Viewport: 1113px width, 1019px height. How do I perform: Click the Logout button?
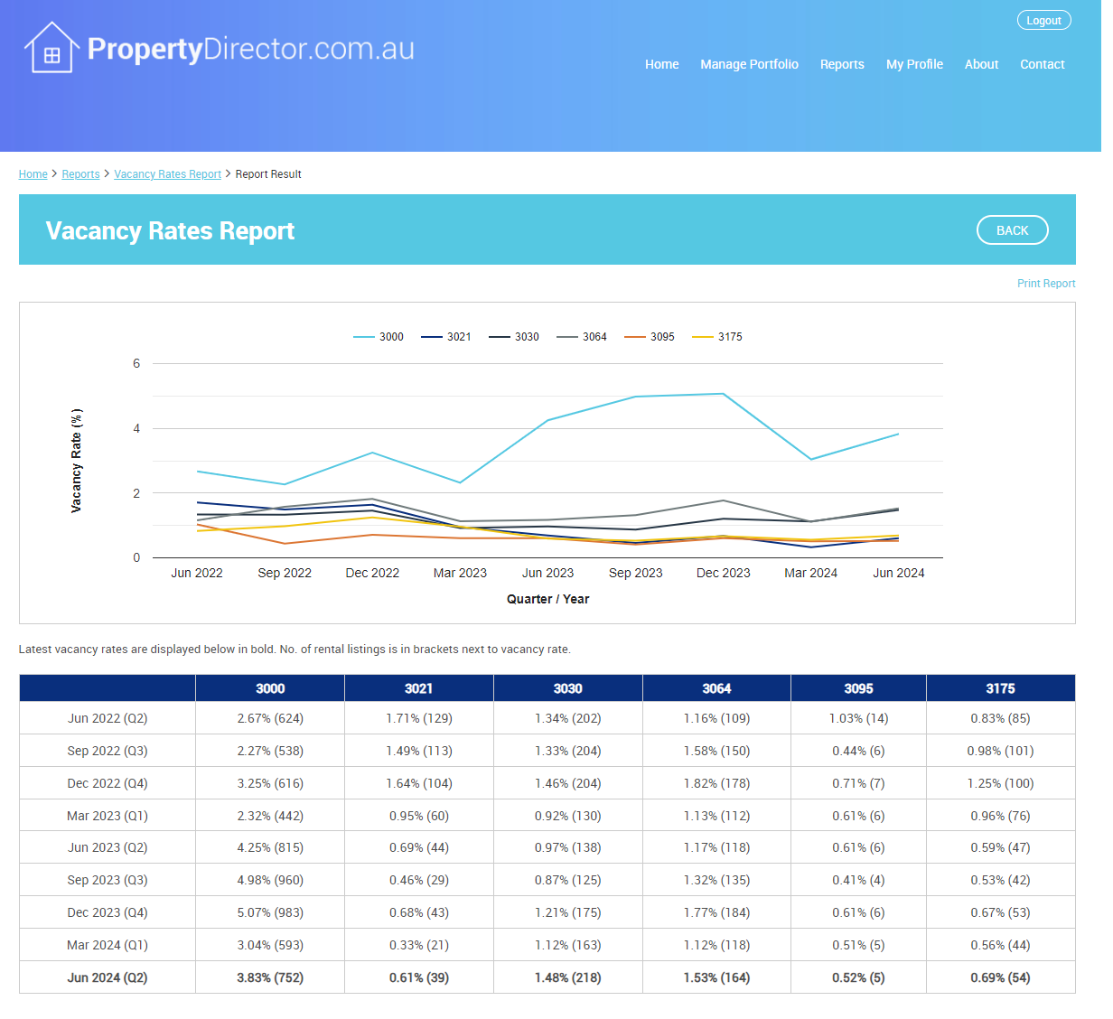(x=1043, y=21)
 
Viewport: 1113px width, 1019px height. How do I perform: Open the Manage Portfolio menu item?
(x=749, y=64)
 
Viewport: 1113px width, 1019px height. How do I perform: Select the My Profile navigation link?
(x=914, y=64)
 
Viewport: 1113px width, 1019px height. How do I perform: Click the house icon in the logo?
(x=51, y=49)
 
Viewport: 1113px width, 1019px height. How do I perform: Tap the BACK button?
(x=1012, y=230)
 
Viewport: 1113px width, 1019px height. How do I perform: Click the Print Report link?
(x=1045, y=284)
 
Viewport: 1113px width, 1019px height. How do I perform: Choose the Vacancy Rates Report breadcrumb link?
(x=167, y=174)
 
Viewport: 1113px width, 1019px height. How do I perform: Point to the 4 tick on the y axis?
(x=136, y=428)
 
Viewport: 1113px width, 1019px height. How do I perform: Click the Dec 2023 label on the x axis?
(x=723, y=573)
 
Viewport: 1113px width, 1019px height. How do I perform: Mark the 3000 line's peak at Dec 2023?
(x=723, y=394)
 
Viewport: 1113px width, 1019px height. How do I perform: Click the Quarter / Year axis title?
(x=547, y=599)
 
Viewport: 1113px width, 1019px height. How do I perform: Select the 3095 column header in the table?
(x=858, y=688)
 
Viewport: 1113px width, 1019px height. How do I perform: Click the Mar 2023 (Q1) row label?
(x=108, y=816)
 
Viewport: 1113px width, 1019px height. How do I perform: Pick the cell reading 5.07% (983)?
(x=270, y=912)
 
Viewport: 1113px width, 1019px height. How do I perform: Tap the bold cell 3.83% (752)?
(x=270, y=977)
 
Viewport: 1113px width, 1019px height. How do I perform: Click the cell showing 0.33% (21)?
(x=418, y=945)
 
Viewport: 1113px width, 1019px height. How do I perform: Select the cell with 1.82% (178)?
(x=716, y=783)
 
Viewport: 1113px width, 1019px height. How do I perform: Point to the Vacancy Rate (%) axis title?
(x=77, y=461)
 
